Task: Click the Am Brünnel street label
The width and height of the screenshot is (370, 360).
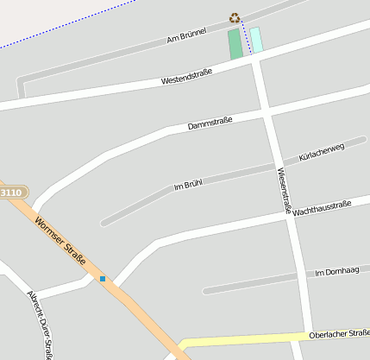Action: click(x=186, y=36)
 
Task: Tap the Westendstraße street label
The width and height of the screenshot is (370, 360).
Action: click(x=186, y=76)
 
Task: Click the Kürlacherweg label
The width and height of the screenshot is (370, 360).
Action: click(x=321, y=153)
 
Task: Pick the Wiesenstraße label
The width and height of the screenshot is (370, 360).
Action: click(x=285, y=190)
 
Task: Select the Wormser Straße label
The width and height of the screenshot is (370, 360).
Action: click(x=61, y=242)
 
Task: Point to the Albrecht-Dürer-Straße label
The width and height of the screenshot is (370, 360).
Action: click(x=41, y=325)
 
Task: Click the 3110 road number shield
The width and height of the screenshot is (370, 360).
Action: click(x=12, y=192)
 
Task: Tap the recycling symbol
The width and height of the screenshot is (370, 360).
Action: click(x=235, y=17)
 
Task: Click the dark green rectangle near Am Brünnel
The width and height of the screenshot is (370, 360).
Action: click(x=235, y=44)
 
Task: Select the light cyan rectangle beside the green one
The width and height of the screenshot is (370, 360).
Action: click(x=256, y=40)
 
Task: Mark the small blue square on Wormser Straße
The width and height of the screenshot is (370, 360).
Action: click(x=103, y=278)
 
